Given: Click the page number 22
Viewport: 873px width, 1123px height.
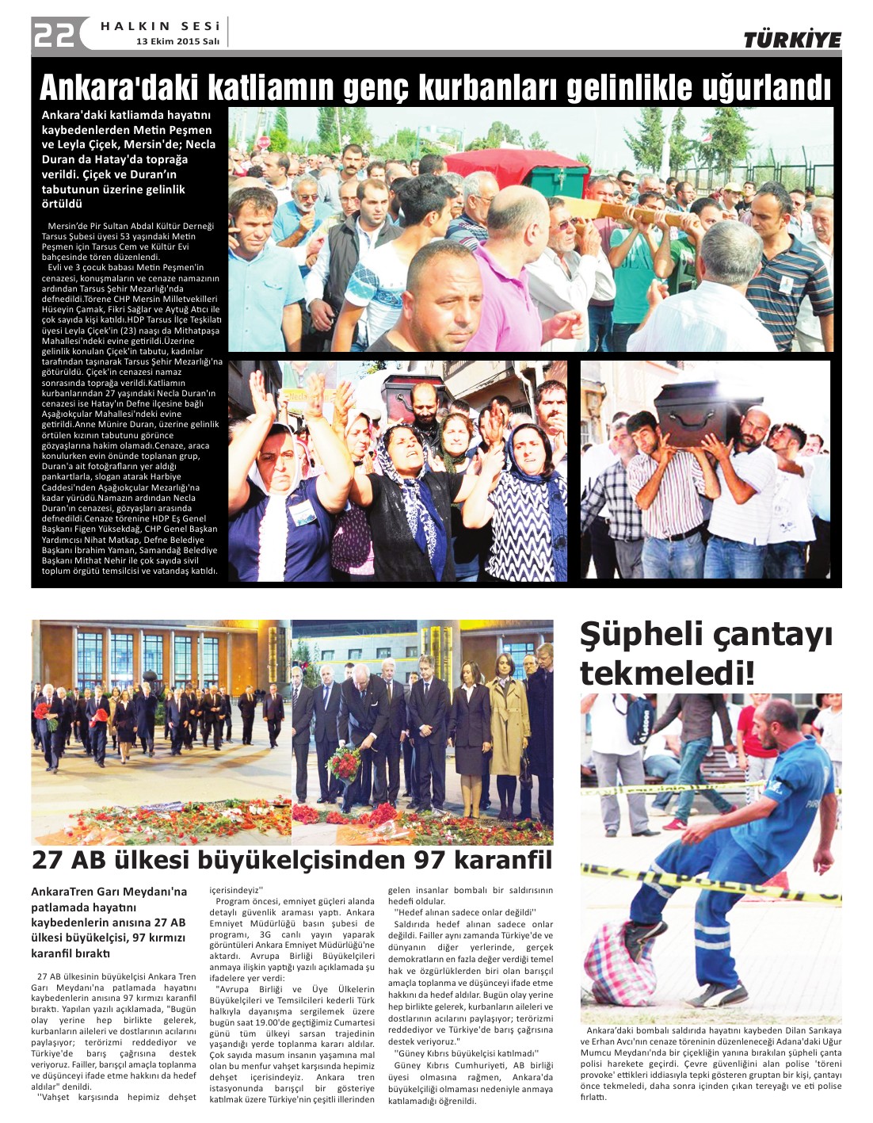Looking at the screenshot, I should point(54,33).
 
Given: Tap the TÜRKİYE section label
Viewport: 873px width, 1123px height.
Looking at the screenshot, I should point(791,40).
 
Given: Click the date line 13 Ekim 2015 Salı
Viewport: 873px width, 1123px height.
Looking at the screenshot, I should point(177,41).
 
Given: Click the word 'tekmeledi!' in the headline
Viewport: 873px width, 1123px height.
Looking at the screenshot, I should point(667,673).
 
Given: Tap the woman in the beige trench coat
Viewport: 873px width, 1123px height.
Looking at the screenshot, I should point(507,729).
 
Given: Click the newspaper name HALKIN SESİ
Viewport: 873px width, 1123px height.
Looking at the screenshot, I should point(159,26).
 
